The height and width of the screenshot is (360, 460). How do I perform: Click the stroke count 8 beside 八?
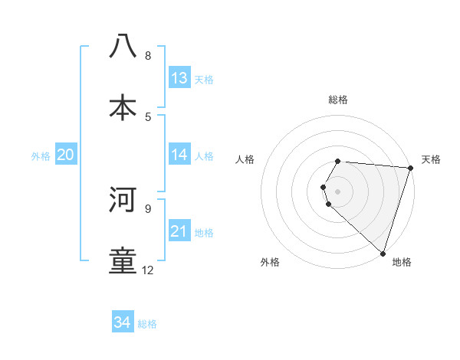coord(147,56)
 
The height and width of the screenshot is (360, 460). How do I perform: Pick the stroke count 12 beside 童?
coord(147,270)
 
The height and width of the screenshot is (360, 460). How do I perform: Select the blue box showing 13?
coord(179,78)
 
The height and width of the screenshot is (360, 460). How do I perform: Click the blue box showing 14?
coord(179,155)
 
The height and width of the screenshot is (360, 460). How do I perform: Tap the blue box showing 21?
coord(179,231)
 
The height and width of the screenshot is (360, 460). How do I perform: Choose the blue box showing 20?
coord(65,155)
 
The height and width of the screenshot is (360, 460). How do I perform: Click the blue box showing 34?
coord(123,322)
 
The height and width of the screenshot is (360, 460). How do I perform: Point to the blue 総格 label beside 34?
coord(147,324)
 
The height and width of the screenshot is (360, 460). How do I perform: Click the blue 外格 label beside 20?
coord(41,156)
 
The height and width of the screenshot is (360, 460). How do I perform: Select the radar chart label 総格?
coord(338,100)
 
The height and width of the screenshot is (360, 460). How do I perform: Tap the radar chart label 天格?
coord(431,159)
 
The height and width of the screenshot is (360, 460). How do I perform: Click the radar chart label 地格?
coord(402,263)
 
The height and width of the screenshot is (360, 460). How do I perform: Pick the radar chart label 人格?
coord(245,159)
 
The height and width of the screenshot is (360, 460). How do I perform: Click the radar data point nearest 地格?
coord(383,253)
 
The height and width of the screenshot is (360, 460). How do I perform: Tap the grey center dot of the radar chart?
coord(338,191)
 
